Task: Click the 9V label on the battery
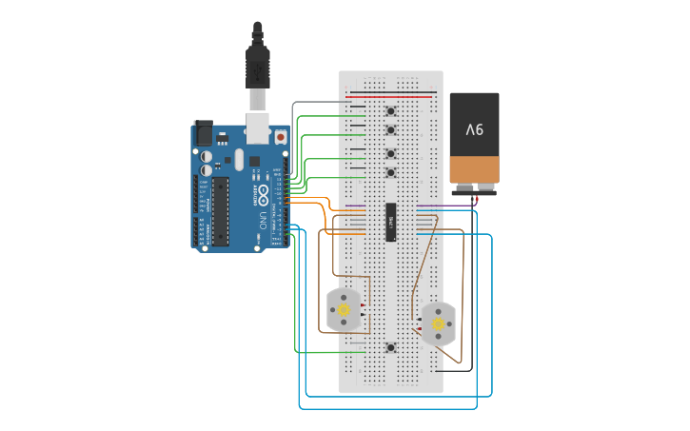tap(474, 129)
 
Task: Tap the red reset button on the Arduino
tap(281, 137)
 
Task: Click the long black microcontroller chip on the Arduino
tap(220, 210)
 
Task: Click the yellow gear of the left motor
tap(344, 310)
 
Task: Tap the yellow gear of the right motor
tap(438, 324)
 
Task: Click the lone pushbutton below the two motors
tap(391, 348)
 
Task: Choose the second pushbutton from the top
tap(391, 131)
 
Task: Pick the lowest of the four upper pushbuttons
tap(391, 172)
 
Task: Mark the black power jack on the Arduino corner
tap(203, 133)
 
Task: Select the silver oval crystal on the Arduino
tap(240, 160)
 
